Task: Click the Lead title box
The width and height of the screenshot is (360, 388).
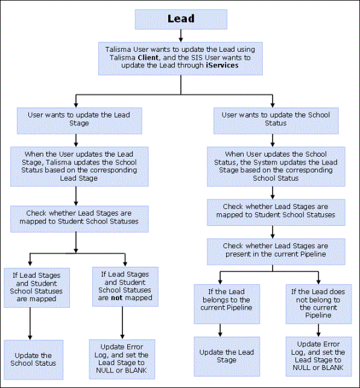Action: coord(181,19)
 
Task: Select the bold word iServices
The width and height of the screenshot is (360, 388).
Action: coord(222,65)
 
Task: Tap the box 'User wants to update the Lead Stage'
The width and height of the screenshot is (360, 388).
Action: coord(80,120)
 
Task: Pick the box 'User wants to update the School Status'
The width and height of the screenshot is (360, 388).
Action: coord(276,120)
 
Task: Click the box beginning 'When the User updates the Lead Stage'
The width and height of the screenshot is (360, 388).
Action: coord(80,166)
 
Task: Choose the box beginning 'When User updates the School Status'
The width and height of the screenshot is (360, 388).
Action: coord(276,166)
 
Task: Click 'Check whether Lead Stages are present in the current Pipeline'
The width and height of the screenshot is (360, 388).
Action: coord(276,252)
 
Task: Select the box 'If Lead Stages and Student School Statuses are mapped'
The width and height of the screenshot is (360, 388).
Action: coord(37,288)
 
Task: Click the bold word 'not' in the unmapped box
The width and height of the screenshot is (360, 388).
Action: coord(116,298)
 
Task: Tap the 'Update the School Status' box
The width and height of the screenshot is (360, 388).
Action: coord(33,360)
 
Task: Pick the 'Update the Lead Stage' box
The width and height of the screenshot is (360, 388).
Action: coord(227,357)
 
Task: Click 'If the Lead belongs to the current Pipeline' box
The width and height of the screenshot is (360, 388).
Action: coord(227,304)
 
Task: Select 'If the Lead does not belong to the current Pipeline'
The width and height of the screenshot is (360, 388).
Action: coord(318,304)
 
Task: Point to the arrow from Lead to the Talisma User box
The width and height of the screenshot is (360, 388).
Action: coord(181,36)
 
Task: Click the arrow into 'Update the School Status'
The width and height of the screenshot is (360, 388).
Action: coord(30,324)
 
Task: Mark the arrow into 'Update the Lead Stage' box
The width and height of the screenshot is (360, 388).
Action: coord(220,330)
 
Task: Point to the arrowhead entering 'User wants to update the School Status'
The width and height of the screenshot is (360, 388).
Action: coord(273,105)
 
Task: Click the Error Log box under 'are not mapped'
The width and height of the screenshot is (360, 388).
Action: coord(122,359)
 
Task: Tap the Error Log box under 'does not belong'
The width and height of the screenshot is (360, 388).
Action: coord(318,357)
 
